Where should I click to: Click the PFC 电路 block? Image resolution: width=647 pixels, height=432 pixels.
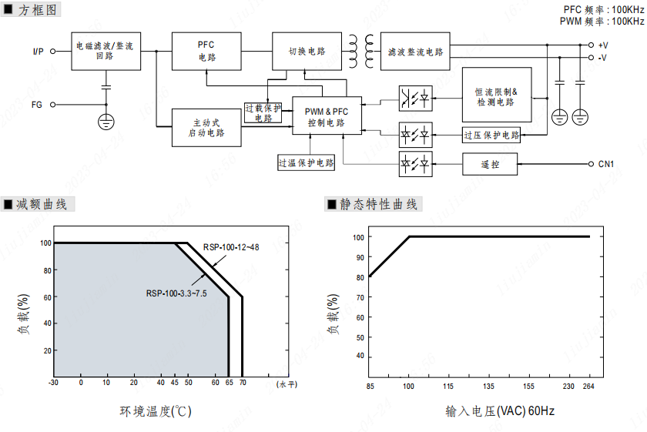[x=206, y=52]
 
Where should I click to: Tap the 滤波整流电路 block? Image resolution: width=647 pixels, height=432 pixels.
[x=417, y=52]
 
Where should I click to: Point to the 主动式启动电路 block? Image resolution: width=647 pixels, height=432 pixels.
[x=206, y=127]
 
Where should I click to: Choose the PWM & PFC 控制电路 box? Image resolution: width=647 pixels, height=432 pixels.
[x=327, y=117]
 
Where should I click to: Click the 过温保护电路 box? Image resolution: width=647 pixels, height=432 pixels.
[x=307, y=162]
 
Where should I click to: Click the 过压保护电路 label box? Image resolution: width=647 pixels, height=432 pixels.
[x=491, y=136]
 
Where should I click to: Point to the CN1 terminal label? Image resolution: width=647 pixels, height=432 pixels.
[x=606, y=164]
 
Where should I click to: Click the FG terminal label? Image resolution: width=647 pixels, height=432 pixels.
[x=36, y=104]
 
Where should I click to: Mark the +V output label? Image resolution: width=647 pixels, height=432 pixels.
[x=603, y=45]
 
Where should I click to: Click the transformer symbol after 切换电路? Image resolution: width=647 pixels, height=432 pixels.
[x=360, y=51]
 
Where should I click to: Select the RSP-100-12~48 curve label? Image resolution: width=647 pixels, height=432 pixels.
[x=229, y=247]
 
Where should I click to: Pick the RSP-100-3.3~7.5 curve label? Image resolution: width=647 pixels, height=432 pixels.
[x=176, y=293]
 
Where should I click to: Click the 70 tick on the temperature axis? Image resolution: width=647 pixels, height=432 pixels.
[x=243, y=383]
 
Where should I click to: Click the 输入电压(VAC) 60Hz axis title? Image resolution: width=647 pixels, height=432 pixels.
[x=499, y=411]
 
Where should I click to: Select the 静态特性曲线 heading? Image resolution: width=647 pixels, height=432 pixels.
[x=378, y=204]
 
